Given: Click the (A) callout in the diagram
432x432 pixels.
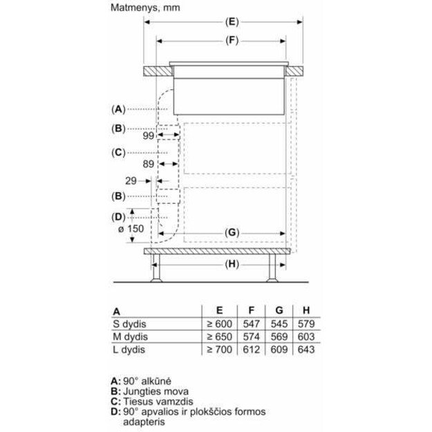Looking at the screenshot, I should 119,109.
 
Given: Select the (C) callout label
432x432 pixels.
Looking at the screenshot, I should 119,152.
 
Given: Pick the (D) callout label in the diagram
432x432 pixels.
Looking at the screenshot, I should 119,217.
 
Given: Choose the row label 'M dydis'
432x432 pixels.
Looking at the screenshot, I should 131,337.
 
